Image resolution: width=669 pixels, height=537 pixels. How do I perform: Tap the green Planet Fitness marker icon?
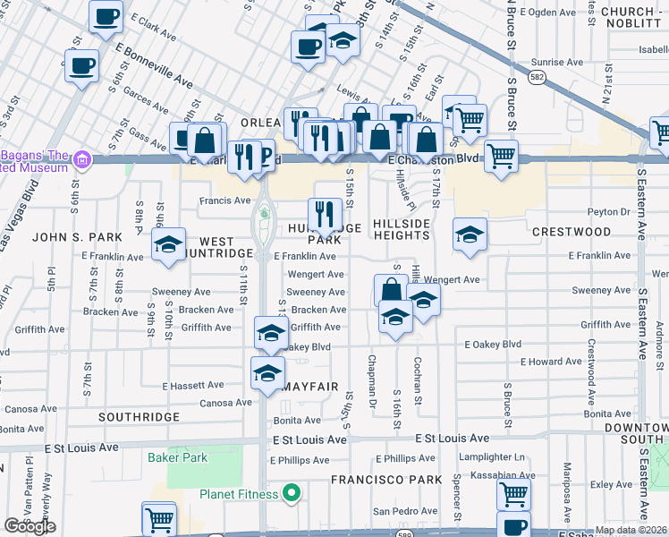(290, 493)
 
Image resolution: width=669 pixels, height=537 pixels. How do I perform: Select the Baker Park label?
(178, 457)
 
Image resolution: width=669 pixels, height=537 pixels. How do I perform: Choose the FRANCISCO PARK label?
(386, 480)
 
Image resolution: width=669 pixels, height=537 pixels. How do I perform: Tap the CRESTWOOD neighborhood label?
(572, 232)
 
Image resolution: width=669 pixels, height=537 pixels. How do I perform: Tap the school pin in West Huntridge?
(168, 245)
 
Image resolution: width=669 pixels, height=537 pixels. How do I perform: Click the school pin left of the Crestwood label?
(470, 234)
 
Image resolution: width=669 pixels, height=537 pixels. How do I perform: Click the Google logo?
(30, 526)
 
